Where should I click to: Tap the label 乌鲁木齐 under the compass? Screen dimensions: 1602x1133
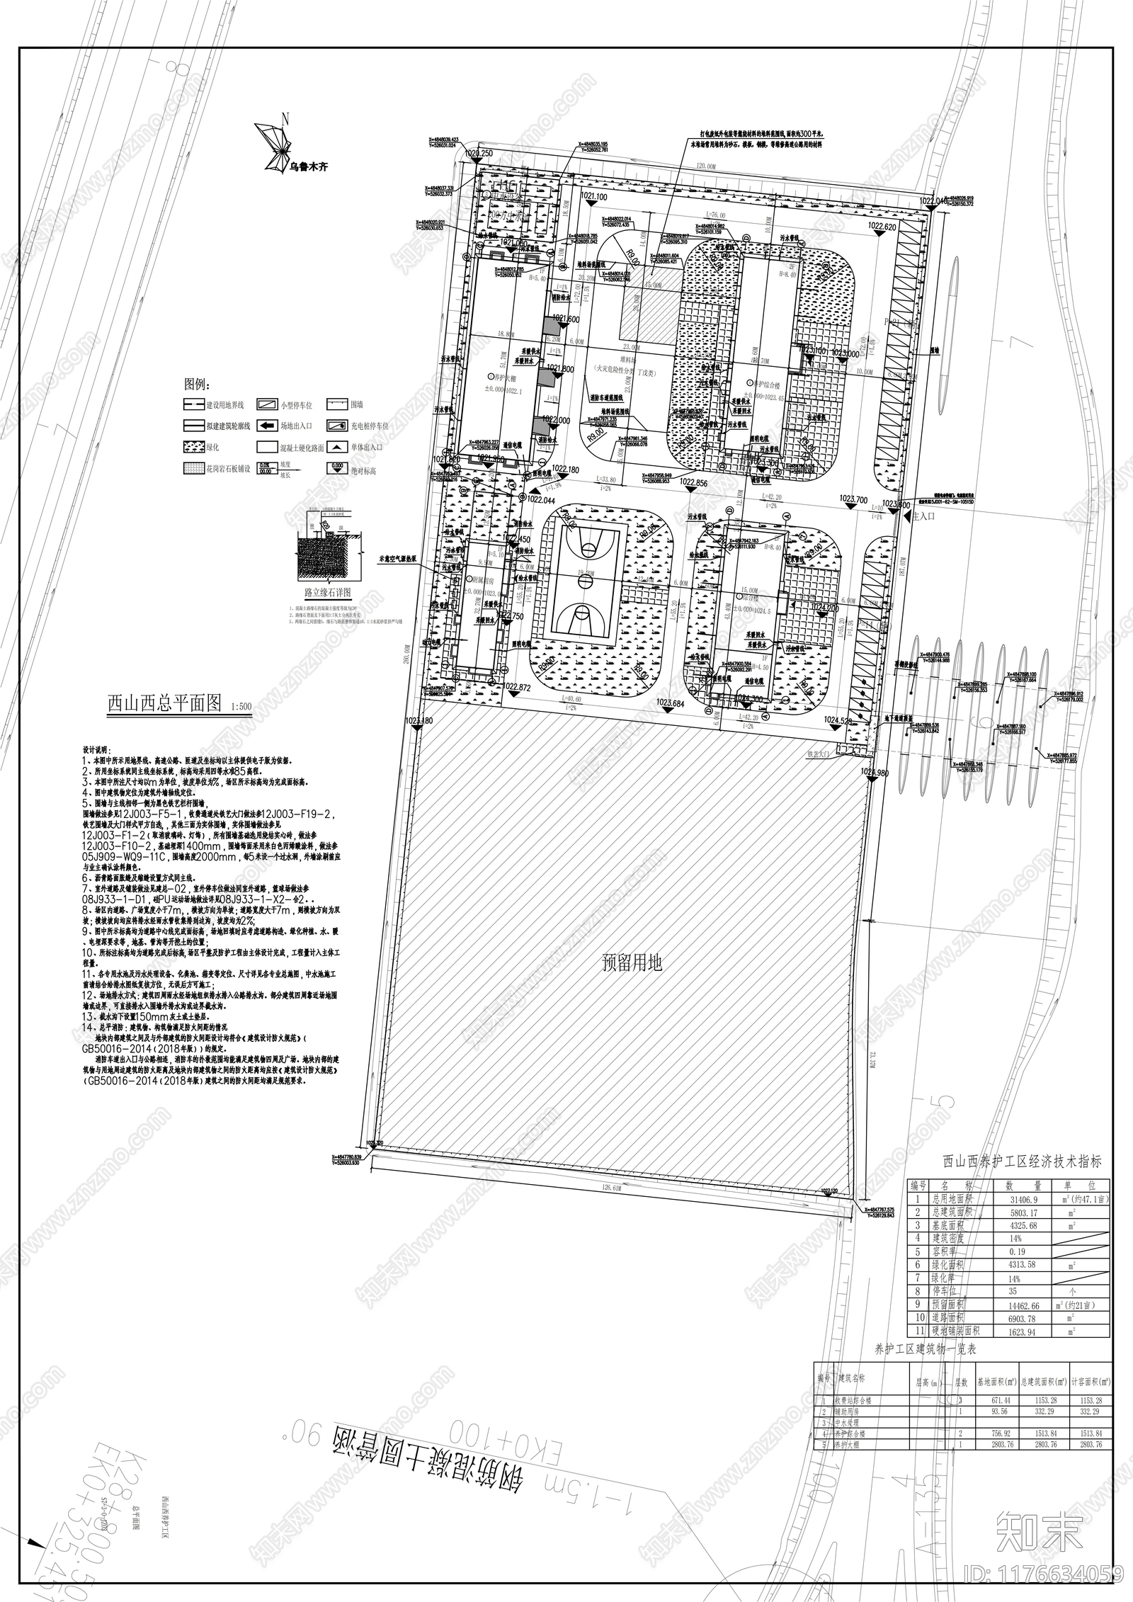(x=309, y=168)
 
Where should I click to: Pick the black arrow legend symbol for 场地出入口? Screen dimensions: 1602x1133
(x=267, y=426)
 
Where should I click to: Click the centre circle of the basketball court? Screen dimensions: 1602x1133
(x=586, y=581)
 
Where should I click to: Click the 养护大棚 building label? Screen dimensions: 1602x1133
(x=480, y=377)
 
